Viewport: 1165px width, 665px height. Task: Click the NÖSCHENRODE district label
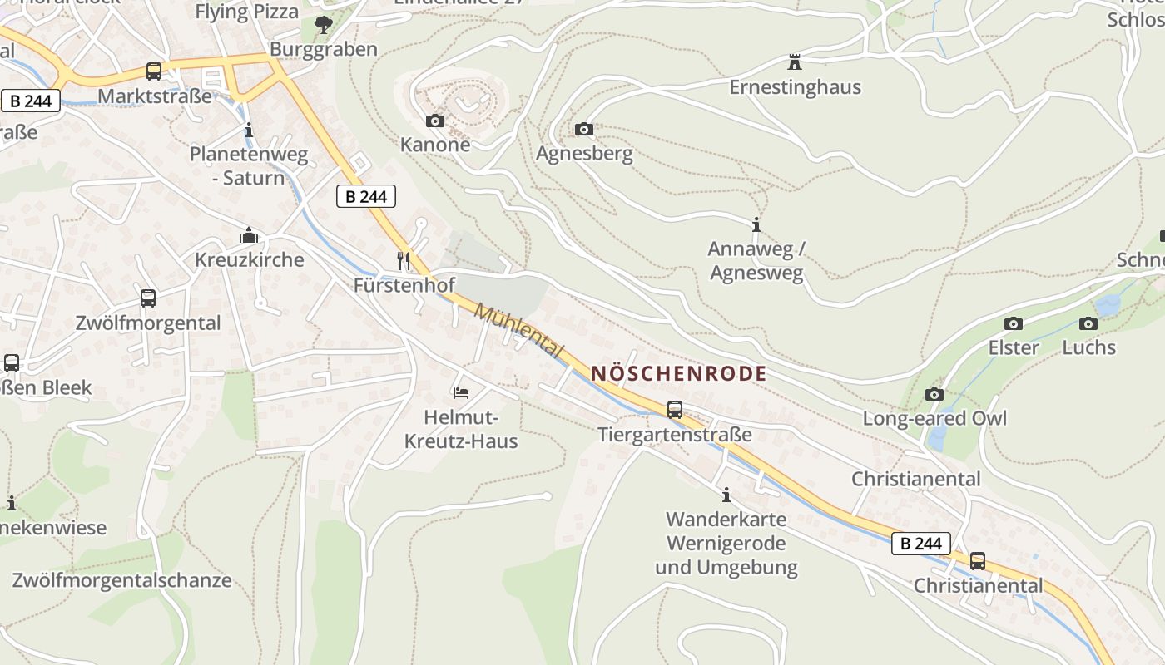click(678, 374)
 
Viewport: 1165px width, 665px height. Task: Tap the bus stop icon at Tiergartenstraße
click(675, 410)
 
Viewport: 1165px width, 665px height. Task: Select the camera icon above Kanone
click(435, 121)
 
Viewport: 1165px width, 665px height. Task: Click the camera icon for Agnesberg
click(584, 129)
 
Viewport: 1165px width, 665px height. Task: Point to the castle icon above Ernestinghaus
click(795, 62)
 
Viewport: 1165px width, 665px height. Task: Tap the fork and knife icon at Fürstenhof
click(404, 261)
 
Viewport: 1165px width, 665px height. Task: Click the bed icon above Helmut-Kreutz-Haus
click(461, 392)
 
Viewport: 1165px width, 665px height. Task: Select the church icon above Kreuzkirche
click(249, 236)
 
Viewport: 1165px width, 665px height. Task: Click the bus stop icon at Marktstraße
click(154, 71)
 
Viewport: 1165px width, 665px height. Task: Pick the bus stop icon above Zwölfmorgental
click(148, 298)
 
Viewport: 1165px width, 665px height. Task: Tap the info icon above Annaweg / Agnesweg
click(756, 225)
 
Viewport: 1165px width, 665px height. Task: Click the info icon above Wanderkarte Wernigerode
click(726, 495)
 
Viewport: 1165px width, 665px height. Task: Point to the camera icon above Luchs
click(1088, 323)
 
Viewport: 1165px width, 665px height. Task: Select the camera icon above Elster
click(1014, 323)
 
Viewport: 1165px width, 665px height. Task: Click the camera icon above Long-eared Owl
click(934, 394)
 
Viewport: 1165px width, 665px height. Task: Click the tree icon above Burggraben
click(324, 26)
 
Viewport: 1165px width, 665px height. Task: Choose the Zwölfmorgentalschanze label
click(121, 580)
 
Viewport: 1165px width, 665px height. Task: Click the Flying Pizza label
click(246, 12)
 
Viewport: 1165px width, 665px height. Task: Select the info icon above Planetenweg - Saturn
click(249, 131)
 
